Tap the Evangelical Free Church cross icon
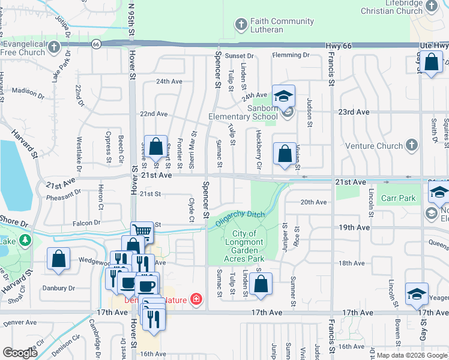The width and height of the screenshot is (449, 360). point(54,47)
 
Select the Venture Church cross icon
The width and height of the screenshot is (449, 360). point(411,145)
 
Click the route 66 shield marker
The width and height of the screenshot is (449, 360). point(96,44)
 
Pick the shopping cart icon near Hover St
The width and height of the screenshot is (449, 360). point(142,231)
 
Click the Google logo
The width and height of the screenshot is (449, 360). point(20,353)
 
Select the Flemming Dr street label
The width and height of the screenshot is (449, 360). point(290,55)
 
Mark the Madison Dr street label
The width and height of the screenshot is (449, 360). point(25,91)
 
